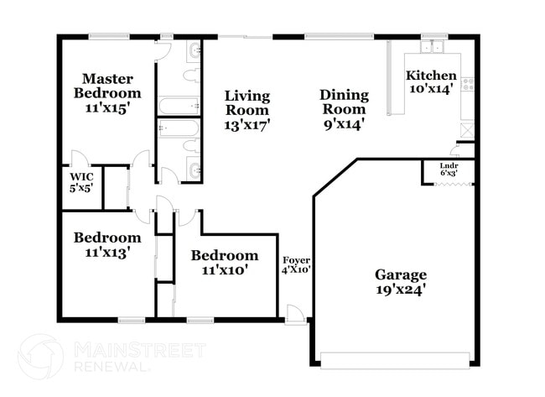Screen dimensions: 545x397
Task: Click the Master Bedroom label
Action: tap(107, 93)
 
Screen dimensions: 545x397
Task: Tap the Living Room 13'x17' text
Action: tap(247, 110)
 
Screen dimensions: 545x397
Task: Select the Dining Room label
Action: tap(344, 109)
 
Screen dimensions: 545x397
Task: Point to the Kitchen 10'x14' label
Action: tap(431, 81)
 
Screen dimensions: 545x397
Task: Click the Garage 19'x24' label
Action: tap(401, 282)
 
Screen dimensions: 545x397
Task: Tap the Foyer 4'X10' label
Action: tap(296, 265)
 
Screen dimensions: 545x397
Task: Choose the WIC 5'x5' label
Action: tap(81, 182)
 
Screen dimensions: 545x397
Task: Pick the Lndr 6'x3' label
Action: tap(449, 169)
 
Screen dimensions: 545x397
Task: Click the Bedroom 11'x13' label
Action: tap(107, 245)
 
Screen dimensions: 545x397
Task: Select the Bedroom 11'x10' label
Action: tap(225, 263)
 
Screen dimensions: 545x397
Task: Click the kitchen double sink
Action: tap(432, 47)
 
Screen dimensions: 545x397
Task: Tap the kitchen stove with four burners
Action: tap(468, 85)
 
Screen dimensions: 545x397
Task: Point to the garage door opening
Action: tap(395, 361)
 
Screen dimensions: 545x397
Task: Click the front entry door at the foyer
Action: tap(295, 315)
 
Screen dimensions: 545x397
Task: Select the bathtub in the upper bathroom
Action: tap(179, 106)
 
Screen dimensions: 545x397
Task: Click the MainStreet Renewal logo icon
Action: tap(41, 357)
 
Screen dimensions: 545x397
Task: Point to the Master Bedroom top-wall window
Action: tap(109, 36)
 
